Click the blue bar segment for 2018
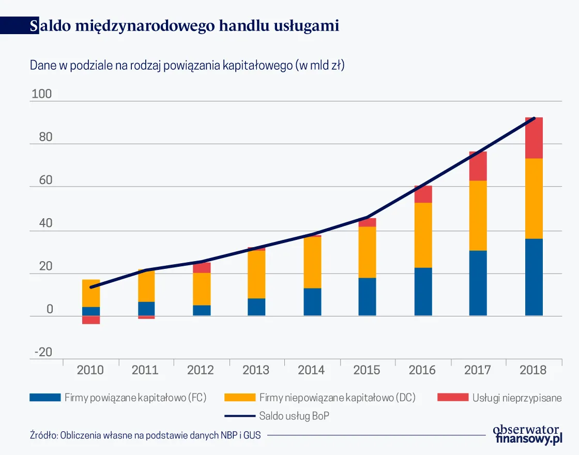534,277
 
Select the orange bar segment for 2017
478,215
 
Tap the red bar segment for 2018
534,138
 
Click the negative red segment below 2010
91,320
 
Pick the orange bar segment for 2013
256,274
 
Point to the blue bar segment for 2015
367,296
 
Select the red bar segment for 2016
423,194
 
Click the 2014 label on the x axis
311,370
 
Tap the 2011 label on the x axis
145,370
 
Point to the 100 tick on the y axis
42,95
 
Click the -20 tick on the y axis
43,353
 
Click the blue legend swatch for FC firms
45,398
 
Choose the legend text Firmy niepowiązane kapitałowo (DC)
337,398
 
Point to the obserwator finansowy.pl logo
527,434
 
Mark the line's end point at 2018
534,118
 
